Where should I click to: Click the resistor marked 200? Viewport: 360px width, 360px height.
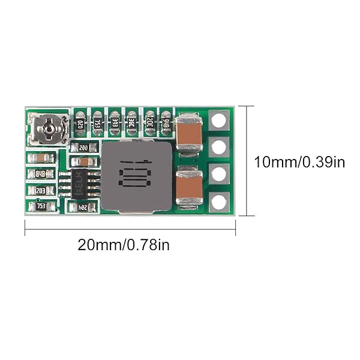point(83,147)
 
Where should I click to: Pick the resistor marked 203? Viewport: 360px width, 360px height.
point(41,190)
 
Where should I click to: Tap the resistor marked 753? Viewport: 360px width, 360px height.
point(41,206)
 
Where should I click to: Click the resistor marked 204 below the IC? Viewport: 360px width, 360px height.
point(83,207)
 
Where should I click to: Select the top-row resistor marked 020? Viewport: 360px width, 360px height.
point(80,125)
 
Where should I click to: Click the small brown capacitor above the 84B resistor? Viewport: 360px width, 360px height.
point(41,158)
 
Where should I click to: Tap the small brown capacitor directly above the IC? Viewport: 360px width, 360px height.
point(84,161)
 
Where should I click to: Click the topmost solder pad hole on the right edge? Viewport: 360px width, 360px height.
point(220,120)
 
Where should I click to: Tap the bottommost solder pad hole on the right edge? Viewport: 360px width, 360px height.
point(220,202)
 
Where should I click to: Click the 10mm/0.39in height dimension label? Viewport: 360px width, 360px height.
point(299,161)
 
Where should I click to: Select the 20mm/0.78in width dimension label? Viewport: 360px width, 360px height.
point(124,245)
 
